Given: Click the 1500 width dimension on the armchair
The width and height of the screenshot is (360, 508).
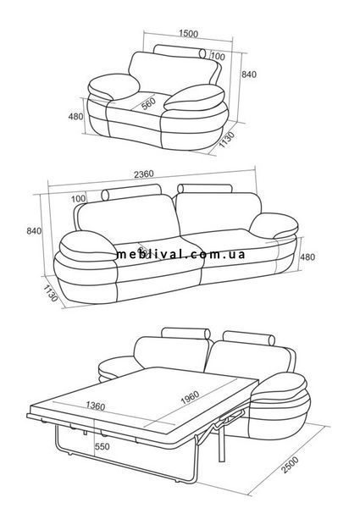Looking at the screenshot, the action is click(188, 33).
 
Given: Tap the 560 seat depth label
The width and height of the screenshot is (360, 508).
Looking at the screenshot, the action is click(149, 103).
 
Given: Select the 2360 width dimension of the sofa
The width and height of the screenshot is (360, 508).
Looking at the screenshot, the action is click(144, 174).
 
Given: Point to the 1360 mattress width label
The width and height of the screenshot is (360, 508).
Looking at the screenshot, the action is click(96, 406).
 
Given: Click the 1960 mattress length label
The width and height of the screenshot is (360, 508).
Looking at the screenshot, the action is click(190, 398).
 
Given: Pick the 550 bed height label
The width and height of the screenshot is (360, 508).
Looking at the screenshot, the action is click(102, 447).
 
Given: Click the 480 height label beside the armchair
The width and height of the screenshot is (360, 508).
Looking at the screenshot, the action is click(76, 116).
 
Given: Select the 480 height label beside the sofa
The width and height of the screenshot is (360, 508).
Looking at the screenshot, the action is click(307, 257).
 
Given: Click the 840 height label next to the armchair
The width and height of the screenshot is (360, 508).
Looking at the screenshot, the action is click(249, 75).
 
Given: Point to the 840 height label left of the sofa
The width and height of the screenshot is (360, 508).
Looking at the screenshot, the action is click(34, 231).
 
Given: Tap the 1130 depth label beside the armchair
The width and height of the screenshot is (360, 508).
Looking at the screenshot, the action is click(226, 140).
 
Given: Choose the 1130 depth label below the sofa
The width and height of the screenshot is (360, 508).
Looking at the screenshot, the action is click(50, 293).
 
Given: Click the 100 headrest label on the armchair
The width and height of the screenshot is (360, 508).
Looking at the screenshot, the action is click(218, 57).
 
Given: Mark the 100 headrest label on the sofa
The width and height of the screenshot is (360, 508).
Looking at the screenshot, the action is click(79, 199).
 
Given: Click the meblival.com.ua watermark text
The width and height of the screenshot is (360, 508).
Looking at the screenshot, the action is click(180, 254).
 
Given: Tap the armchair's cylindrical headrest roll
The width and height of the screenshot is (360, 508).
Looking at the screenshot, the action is click(180, 52).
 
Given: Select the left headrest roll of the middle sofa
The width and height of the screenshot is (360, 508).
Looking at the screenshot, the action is click(131, 192).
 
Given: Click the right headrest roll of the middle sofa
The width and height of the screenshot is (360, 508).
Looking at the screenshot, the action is click(205, 189).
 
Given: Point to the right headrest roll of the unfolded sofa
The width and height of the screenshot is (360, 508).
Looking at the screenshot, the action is click(249, 338).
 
